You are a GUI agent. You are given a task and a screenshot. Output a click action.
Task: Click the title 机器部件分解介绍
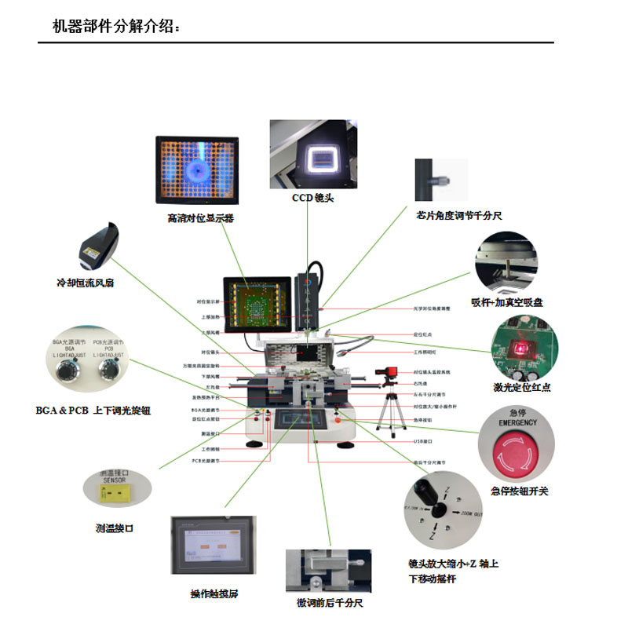(x=115, y=27)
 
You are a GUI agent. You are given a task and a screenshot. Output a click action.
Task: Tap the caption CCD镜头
(x=312, y=198)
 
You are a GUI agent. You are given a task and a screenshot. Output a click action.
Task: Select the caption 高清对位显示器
(x=200, y=218)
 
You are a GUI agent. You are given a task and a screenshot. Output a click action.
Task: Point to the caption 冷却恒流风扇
(x=85, y=283)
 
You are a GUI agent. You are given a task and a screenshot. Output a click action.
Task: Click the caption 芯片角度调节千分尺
(x=458, y=215)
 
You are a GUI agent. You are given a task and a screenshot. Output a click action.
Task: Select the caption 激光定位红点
(x=522, y=387)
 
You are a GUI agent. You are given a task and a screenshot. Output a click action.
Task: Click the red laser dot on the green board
(x=518, y=345)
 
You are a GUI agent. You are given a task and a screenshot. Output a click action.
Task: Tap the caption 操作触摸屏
(x=214, y=593)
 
